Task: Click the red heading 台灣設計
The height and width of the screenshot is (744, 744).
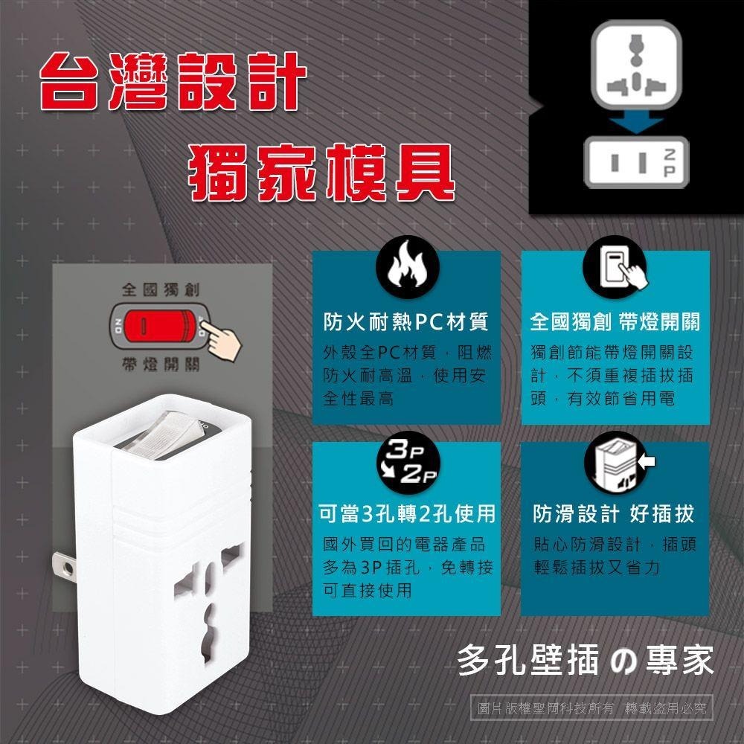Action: click(x=173, y=81)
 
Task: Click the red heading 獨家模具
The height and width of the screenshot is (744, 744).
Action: click(x=321, y=171)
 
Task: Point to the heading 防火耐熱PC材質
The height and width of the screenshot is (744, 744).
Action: click(x=405, y=322)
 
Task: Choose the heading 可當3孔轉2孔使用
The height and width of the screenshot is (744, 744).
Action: click(x=406, y=514)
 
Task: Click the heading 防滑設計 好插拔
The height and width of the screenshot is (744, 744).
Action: click(x=614, y=514)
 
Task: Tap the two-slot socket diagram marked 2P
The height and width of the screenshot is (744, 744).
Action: click(x=636, y=161)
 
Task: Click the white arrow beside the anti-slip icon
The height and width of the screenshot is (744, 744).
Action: click(x=647, y=462)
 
